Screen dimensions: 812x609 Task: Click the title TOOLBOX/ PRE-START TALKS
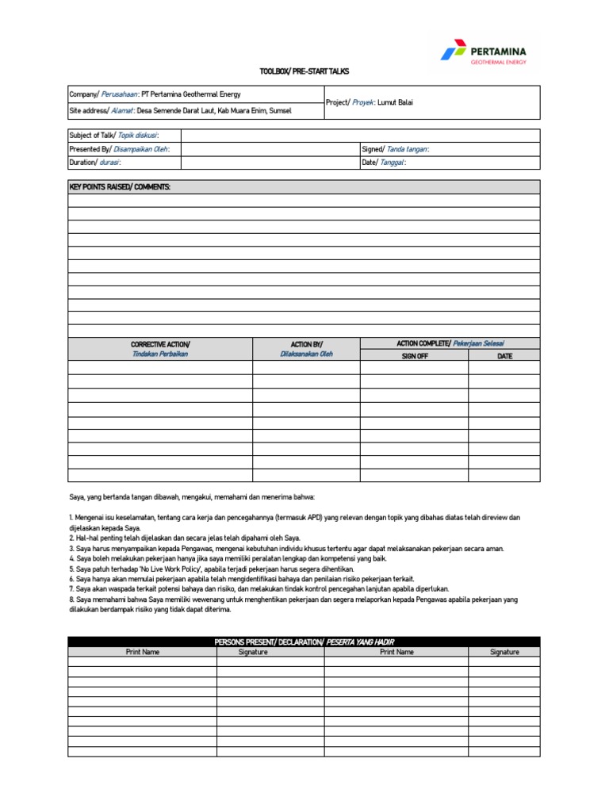304,71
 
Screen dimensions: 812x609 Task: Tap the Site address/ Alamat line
180,111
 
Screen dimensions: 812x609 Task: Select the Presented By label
119,149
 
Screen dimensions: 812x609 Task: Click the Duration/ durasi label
95,163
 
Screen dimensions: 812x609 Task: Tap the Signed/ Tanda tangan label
395,149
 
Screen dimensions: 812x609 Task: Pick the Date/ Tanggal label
384,163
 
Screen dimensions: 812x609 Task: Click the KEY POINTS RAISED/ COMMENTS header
120,187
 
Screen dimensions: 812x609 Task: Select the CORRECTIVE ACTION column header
160,349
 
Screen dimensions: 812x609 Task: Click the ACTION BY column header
306,349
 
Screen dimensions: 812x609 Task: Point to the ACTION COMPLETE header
450,343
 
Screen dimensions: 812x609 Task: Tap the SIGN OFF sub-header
414,356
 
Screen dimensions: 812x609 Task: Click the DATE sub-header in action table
504,356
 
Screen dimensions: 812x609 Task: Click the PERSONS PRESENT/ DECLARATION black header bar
304,642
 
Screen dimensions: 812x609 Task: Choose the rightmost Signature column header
504,652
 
